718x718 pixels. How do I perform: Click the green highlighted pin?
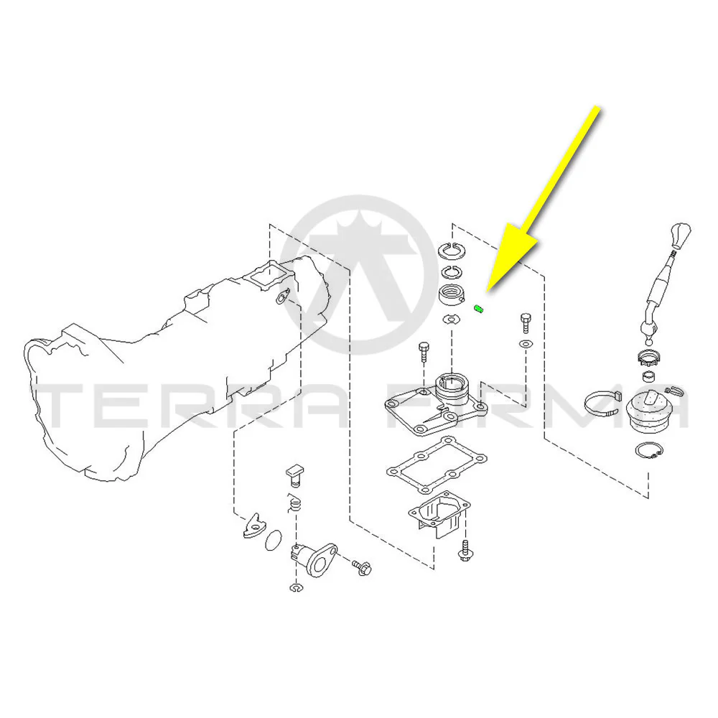point(478,309)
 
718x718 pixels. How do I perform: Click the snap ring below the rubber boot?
point(649,451)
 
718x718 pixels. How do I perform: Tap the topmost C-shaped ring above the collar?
point(452,251)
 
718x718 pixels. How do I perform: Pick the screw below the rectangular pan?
point(465,550)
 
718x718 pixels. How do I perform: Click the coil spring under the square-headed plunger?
point(295,503)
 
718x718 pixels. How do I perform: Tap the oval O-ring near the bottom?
point(274,541)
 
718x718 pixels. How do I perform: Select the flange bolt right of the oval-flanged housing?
point(362,568)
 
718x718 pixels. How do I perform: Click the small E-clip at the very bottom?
point(296,587)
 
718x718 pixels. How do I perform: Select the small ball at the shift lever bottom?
point(649,342)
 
